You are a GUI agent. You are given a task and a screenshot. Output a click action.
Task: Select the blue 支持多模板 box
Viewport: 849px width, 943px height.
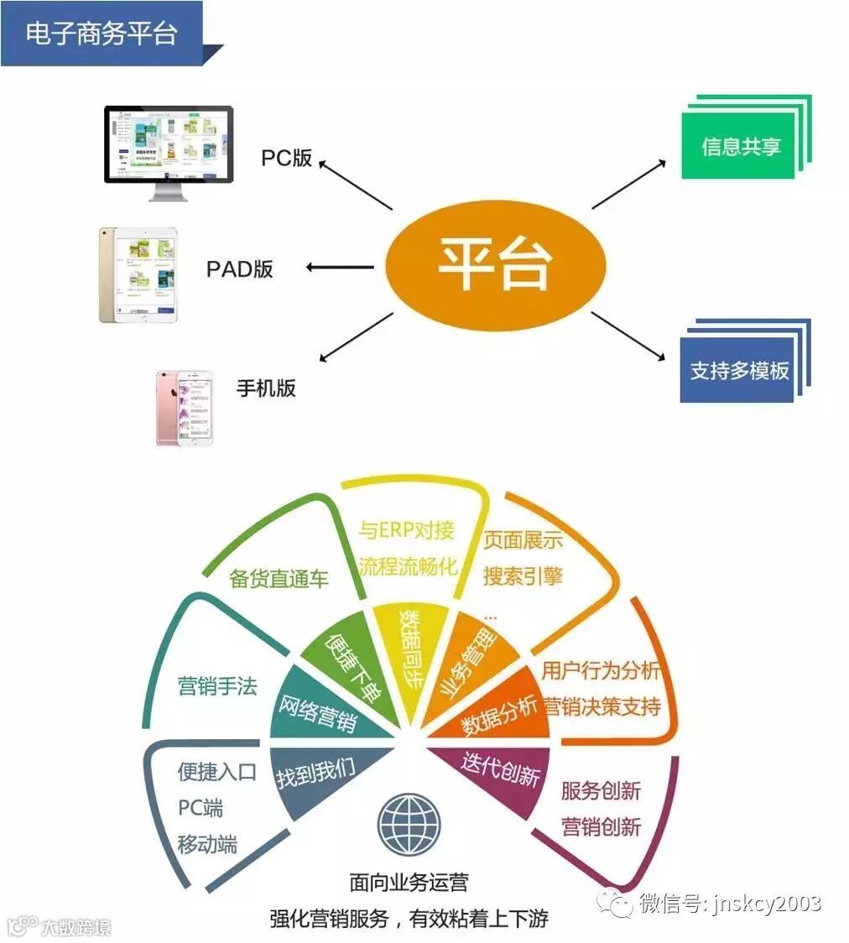pyautogui.click(x=739, y=370)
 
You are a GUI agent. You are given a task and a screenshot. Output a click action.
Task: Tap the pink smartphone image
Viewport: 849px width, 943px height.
pyautogui.click(x=184, y=408)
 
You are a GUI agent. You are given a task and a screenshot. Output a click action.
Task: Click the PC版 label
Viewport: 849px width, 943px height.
pyautogui.click(x=286, y=158)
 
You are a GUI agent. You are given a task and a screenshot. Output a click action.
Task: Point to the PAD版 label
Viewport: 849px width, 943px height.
pyautogui.click(x=240, y=269)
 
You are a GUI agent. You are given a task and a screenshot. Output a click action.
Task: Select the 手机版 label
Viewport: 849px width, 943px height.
pyautogui.click(x=266, y=388)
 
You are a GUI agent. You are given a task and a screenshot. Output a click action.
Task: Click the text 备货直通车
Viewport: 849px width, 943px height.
pyautogui.click(x=279, y=579)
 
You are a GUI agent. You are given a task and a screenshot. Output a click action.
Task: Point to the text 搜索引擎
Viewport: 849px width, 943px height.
pyautogui.click(x=523, y=575)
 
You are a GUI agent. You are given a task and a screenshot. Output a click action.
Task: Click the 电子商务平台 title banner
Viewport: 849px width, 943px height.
pyautogui.click(x=102, y=34)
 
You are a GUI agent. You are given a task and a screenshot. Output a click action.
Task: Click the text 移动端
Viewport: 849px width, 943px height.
pyautogui.click(x=207, y=844)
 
